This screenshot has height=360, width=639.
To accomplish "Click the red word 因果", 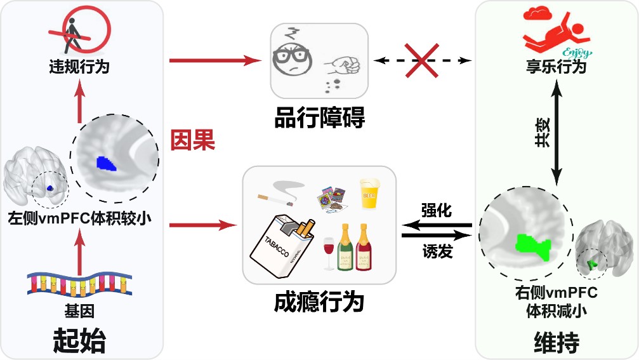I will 193,140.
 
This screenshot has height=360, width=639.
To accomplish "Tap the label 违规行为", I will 79,66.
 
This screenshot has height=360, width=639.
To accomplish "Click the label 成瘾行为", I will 319,302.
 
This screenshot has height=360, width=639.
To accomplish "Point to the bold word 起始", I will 79,342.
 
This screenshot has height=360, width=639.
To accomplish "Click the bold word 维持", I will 556,343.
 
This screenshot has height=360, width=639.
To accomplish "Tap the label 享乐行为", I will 556,66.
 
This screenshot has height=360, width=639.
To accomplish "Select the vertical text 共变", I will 541,134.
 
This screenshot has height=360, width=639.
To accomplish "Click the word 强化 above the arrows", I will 437,210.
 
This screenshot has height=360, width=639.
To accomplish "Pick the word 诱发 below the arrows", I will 437,252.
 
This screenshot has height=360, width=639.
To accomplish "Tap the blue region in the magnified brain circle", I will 104,164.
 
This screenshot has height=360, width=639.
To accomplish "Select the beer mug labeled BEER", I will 370,190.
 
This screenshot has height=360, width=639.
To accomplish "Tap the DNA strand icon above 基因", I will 79,286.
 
